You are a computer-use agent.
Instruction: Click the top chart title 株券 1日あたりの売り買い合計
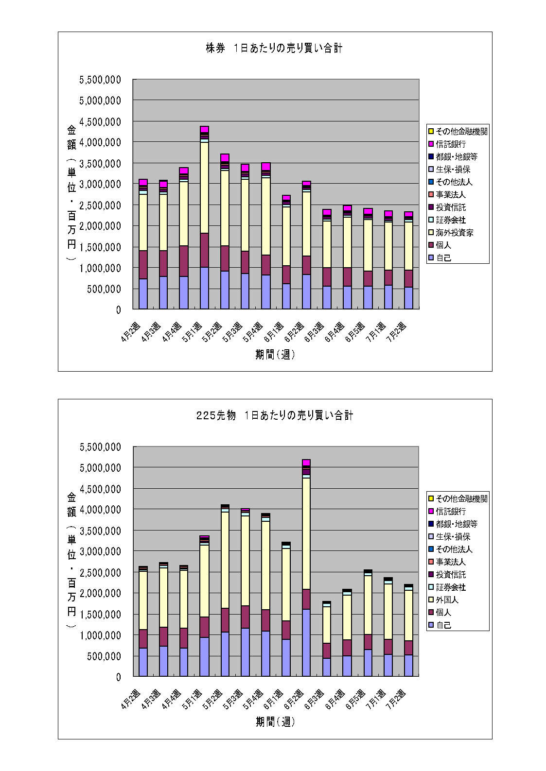point(274,48)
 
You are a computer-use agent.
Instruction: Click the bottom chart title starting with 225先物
point(274,415)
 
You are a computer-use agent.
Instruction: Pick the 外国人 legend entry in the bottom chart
point(447,600)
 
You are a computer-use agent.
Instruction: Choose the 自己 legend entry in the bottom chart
point(443,625)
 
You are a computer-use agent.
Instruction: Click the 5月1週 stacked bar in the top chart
point(204,219)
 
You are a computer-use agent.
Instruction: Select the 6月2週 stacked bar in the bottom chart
point(306,568)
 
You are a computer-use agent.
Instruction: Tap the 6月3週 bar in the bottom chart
point(327,639)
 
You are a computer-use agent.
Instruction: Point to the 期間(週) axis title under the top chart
point(275,355)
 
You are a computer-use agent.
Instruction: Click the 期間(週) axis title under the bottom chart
point(275,722)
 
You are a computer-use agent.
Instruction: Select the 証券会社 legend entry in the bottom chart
point(451,587)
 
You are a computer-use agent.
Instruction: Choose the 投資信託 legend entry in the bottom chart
point(451,575)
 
